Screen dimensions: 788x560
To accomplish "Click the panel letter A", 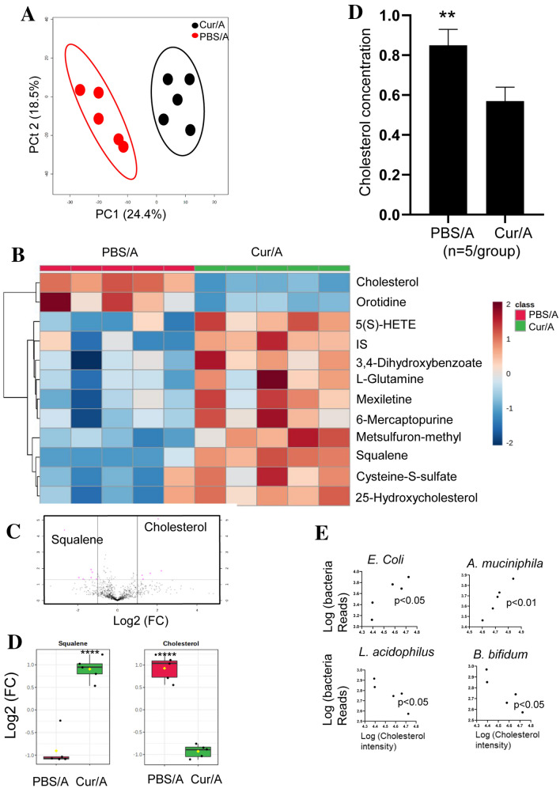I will [x=12, y=14].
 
